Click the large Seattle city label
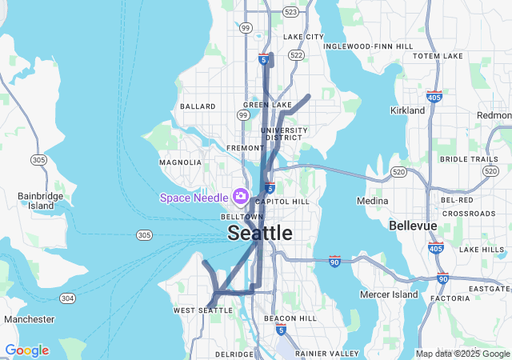(x=260, y=233)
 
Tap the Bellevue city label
(x=413, y=226)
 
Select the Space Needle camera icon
(x=240, y=196)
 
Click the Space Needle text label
(x=194, y=198)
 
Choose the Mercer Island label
(x=390, y=294)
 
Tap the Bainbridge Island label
(x=35, y=200)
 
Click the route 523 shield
(x=290, y=12)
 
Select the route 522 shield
(x=297, y=55)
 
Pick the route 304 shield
(x=68, y=298)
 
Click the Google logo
(x=26, y=350)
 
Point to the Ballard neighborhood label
(x=198, y=106)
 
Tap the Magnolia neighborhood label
(x=181, y=162)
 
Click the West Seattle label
(x=202, y=310)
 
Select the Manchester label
(x=29, y=319)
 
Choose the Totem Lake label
(x=438, y=56)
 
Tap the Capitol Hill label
(x=282, y=202)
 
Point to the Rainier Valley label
(x=327, y=353)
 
